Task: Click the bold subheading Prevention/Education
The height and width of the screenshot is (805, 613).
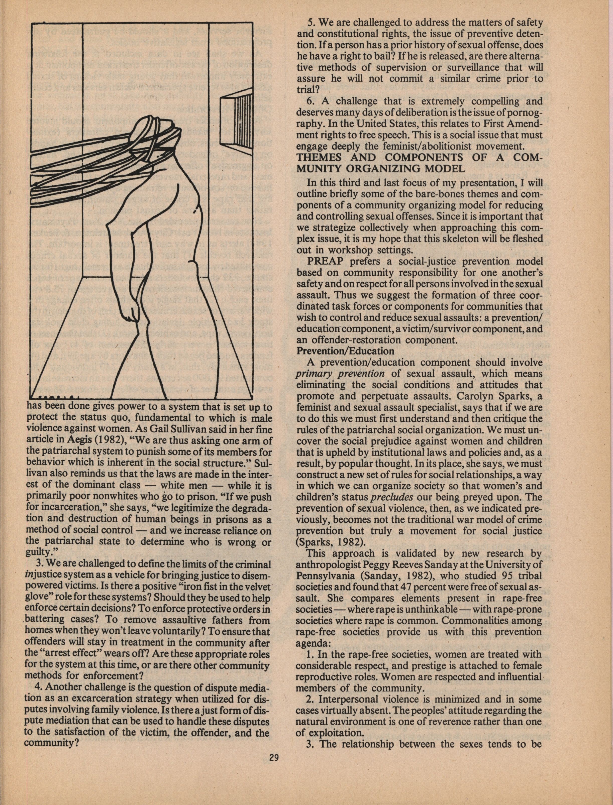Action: tap(345, 351)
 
